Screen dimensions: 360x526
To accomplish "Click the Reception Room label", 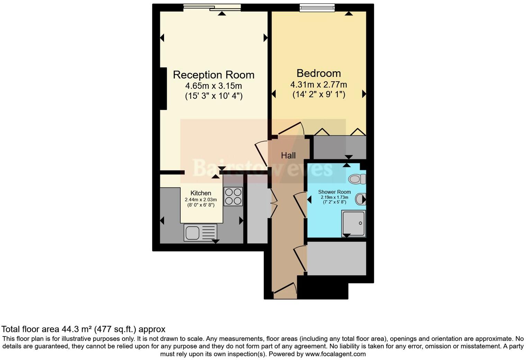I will point(214,75).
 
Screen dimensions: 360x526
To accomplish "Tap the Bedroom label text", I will point(319,73).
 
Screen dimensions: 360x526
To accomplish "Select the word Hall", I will point(288,156).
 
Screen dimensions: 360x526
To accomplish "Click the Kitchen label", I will point(201,193).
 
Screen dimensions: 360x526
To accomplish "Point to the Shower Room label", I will point(334,192).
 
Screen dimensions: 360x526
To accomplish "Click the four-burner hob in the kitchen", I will point(233,196).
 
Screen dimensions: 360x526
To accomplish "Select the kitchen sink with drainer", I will point(201,232).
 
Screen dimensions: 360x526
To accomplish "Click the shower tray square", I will point(353,223).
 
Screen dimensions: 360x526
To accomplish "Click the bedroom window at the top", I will point(317,7).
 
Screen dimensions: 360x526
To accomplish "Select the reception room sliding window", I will point(212,8).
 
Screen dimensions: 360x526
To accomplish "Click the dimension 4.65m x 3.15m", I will point(214,85).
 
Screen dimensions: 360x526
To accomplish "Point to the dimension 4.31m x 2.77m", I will point(318,84).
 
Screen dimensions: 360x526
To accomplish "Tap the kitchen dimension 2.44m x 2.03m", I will point(201,200).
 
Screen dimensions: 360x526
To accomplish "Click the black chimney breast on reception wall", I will point(163,89).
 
